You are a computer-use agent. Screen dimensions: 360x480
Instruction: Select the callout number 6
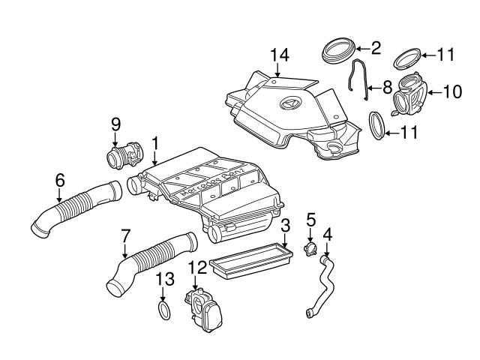[59, 180]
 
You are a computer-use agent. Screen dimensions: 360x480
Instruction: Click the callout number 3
[285, 225]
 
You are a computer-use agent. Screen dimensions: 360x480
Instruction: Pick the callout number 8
[387, 87]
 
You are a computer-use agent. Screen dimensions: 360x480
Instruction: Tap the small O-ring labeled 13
[165, 310]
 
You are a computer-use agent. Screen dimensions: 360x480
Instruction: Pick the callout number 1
[154, 141]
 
